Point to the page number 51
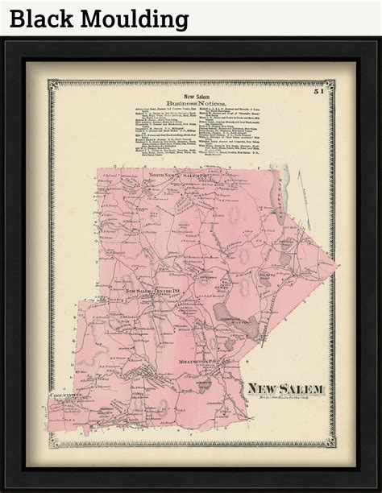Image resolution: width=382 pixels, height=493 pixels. tap(319, 94)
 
